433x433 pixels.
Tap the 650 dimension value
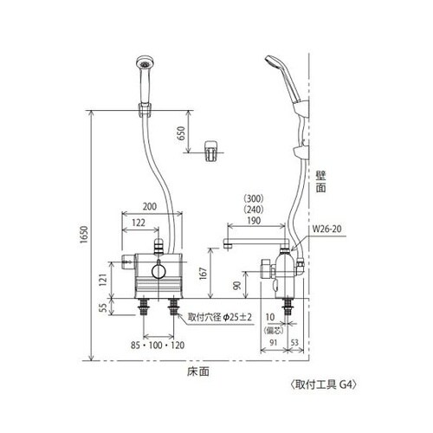pyautogui.click(x=181, y=133)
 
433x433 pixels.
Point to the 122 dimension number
pyautogui.click(x=139, y=223)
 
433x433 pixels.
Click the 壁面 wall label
pyautogui.click(x=320, y=181)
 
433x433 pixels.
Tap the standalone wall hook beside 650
pyautogui.click(x=210, y=149)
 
